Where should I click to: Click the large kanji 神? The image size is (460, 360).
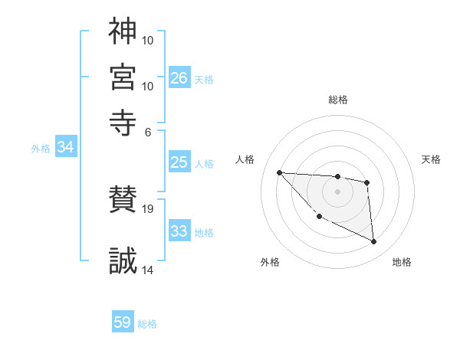point(123,31)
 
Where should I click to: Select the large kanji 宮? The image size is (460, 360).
point(123,77)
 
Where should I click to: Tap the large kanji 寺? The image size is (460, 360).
point(123,123)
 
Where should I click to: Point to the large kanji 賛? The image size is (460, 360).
point(123,199)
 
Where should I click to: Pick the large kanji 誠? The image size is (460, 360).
point(123,260)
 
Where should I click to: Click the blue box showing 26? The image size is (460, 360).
point(179,77)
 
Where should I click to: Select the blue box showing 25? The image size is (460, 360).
point(179,162)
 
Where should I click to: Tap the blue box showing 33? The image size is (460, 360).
point(179,230)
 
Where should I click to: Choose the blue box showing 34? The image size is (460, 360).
point(66,146)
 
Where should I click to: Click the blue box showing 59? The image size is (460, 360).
point(123,321)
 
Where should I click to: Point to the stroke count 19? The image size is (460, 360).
point(147,209)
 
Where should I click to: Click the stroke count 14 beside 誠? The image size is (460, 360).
point(147,270)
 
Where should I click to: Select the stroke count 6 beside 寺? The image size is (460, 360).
point(148,133)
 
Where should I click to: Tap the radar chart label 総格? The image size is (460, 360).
point(338,100)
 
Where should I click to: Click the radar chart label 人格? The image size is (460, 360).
point(245,159)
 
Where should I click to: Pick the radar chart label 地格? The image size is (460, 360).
point(402,262)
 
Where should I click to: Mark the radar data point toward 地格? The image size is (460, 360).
point(373,241)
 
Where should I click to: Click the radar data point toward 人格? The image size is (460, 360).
point(280,172)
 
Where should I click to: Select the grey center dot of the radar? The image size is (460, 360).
point(337,191)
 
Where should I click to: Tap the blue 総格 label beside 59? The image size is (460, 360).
point(147,324)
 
